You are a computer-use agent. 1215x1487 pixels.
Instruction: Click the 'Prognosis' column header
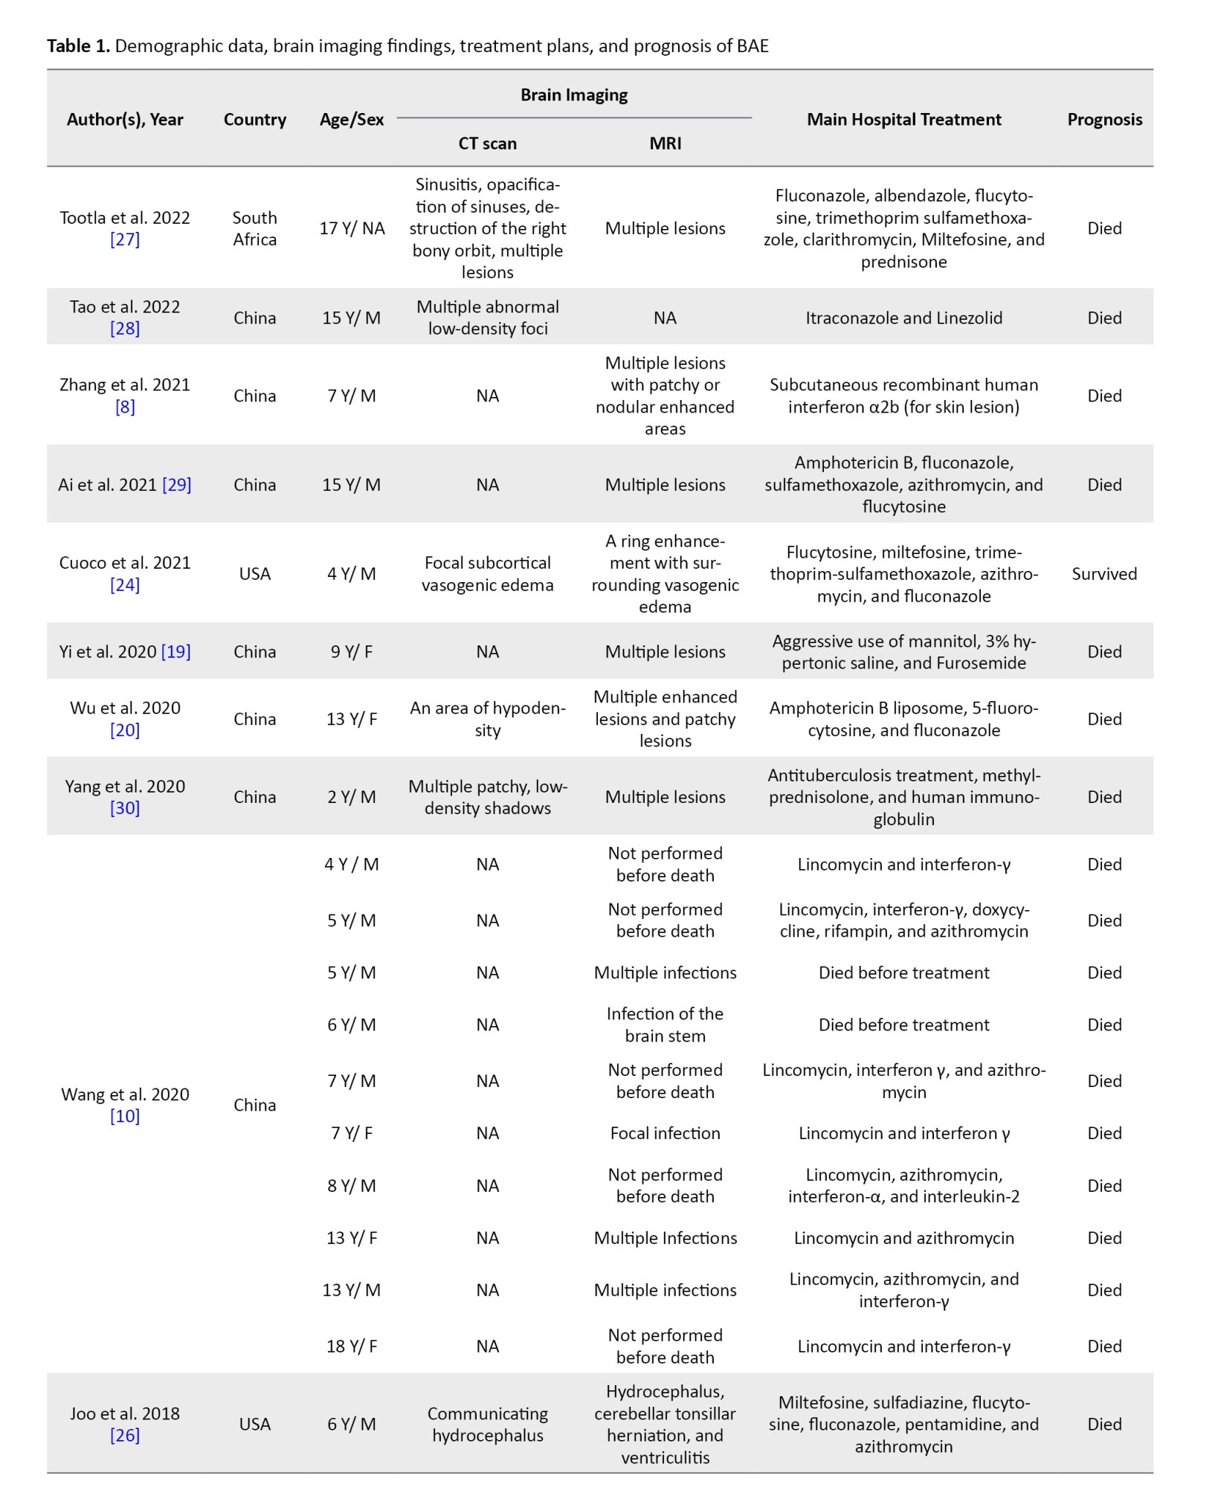click(1104, 120)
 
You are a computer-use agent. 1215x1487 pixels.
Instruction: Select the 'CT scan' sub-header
click(487, 143)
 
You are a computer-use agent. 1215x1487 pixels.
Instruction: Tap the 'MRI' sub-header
click(665, 143)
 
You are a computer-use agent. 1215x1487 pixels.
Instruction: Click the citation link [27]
click(125, 239)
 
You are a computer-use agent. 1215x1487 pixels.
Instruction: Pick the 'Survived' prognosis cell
click(1104, 574)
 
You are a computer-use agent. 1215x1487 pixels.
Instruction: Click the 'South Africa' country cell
click(254, 228)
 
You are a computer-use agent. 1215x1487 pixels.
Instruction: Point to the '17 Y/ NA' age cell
click(352, 228)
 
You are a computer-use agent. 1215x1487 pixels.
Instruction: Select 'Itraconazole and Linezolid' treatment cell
click(903, 318)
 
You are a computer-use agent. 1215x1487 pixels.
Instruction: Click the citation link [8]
click(125, 407)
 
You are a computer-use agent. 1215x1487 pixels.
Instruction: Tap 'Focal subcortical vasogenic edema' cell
click(487, 574)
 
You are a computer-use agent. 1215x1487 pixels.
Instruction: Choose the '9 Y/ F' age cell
click(352, 652)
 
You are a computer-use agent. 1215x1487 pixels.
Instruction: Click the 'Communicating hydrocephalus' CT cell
click(487, 1425)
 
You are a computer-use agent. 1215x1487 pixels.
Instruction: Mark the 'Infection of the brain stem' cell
click(665, 1025)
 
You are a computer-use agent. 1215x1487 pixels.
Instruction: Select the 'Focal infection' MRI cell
click(665, 1133)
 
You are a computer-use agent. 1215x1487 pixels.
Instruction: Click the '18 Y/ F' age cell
click(352, 1346)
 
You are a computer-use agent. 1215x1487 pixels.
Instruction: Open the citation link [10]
click(125, 1116)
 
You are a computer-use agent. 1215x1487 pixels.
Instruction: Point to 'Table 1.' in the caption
click(78, 46)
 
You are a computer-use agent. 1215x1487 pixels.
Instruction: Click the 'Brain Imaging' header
click(574, 95)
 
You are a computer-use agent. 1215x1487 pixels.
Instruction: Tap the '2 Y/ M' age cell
click(352, 797)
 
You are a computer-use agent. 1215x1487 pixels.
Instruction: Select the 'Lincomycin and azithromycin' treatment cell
click(903, 1238)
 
